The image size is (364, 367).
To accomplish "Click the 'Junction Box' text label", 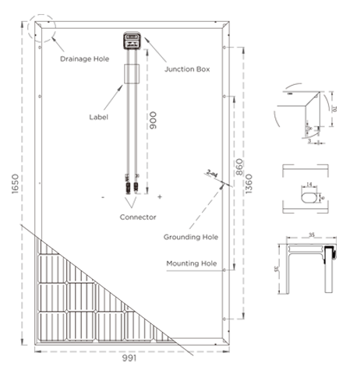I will click(187, 69).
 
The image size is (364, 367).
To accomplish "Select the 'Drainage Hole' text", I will click(83, 58).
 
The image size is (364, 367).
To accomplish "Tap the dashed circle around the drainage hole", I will click(43, 27).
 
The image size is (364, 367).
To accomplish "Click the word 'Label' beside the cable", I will click(98, 117).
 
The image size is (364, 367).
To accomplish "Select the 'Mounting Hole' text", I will click(191, 263).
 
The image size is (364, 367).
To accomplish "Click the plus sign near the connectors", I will click(159, 196).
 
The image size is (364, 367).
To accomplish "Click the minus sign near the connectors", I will click(102, 196).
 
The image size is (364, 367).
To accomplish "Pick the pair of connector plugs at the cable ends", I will click(130, 187).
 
